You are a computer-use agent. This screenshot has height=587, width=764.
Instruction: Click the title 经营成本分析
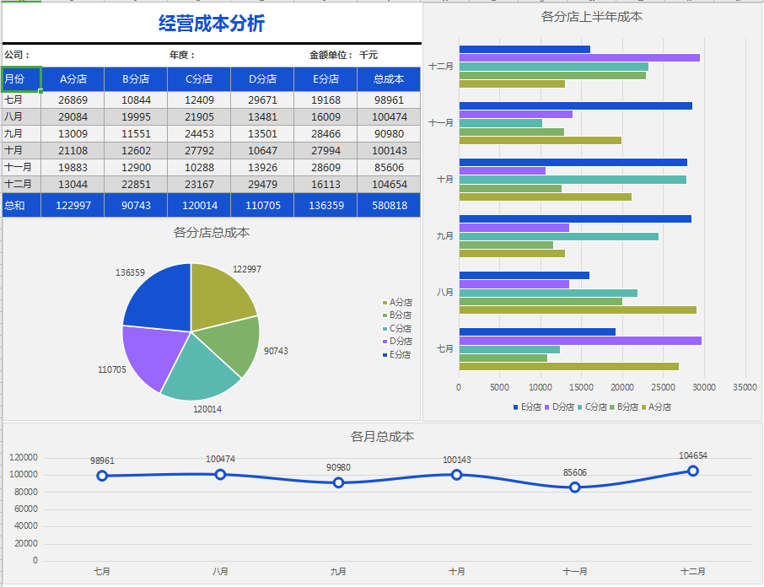pos(212,24)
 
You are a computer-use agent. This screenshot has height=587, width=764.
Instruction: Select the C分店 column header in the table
pos(198,79)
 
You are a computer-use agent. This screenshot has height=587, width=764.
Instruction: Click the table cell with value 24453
pos(198,133)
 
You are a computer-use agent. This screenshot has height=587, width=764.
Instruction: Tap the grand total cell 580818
pos(389,205)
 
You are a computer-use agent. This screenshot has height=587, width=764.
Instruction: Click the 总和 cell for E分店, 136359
pos(326,205)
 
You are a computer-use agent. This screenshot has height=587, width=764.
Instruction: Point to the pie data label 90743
pos(276,351)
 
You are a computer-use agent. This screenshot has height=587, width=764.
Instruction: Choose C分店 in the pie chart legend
pos(401,328)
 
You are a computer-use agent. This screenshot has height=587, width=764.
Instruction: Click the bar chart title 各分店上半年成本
pos(592,16)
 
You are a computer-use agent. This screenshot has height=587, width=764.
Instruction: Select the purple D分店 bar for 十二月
pos(579,57)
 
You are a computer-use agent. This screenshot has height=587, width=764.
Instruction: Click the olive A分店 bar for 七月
pos(568,366)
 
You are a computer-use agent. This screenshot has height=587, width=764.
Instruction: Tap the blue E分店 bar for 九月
pos(575,218)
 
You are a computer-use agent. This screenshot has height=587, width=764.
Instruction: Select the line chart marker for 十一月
pos(575,487)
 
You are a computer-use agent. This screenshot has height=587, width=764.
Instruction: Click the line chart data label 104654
pos(693,456)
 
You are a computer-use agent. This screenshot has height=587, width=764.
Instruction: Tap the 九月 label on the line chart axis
pos(338,571)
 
